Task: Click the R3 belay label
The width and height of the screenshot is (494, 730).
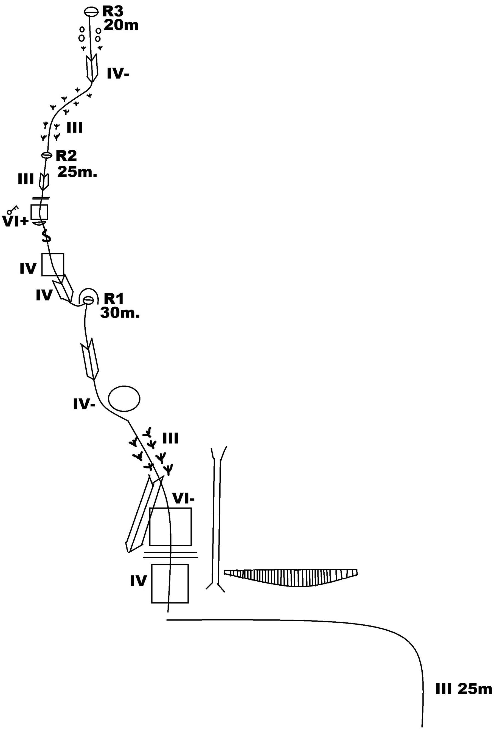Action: click(113, 11)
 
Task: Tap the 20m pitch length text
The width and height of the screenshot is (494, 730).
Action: click(121, 25)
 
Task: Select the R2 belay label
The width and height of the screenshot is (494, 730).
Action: click(66, 156)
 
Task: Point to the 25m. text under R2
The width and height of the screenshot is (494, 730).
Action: click(77, 172)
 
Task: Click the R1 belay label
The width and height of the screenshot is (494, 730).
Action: click(114, 298)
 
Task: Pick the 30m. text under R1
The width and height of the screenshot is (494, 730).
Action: click(120, 313)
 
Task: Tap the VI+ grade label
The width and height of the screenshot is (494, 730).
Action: click(15, 221)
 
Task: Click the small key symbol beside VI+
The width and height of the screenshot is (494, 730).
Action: click(13, 209)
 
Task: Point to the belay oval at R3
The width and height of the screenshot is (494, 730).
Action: click(91, 12)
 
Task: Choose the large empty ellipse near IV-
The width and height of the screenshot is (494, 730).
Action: click(124, 398)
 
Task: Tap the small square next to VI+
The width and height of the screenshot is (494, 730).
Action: click(39, 212)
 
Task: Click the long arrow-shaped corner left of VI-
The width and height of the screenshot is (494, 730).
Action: click(143, 515)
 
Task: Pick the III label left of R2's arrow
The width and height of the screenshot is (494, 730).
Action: click(26, 180)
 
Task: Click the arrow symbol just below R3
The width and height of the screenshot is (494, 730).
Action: click(92, 68)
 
